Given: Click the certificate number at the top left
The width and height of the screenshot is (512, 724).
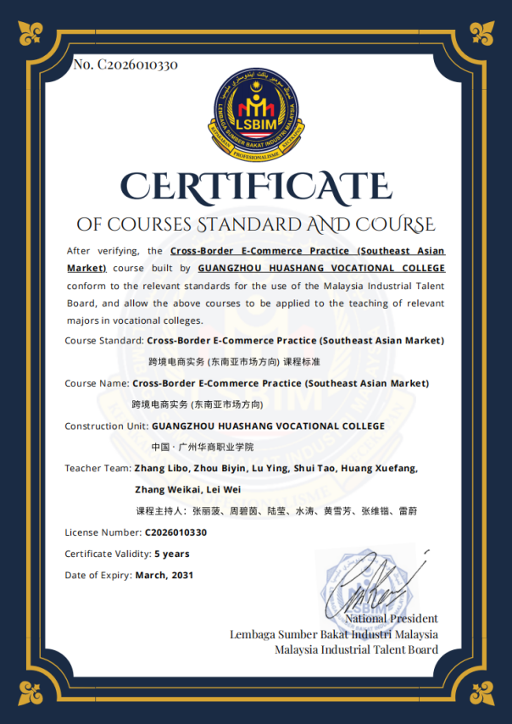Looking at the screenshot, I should (125, 65).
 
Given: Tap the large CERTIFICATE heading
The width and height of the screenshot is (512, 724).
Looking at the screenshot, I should (255, 184).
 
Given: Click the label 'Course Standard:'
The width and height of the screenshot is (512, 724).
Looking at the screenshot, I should (103, 341).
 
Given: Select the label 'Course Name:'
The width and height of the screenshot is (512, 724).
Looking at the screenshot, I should (96, 383).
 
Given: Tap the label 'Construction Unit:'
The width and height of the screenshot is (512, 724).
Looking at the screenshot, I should (106, 426).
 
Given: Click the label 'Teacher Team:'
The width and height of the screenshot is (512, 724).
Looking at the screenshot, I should (97, 468).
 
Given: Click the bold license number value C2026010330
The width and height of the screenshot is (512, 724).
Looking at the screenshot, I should (175, 532).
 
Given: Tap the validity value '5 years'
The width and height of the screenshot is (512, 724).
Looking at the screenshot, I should (171, 554).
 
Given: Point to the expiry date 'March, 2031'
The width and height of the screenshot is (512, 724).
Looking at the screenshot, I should (164, 575).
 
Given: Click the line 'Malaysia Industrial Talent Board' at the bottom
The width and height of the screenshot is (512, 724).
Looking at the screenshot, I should (356, 650).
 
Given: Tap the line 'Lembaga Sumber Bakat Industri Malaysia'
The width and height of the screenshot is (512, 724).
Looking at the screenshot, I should (334, 634).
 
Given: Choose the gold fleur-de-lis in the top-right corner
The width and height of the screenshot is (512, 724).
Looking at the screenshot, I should (483, 32).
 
